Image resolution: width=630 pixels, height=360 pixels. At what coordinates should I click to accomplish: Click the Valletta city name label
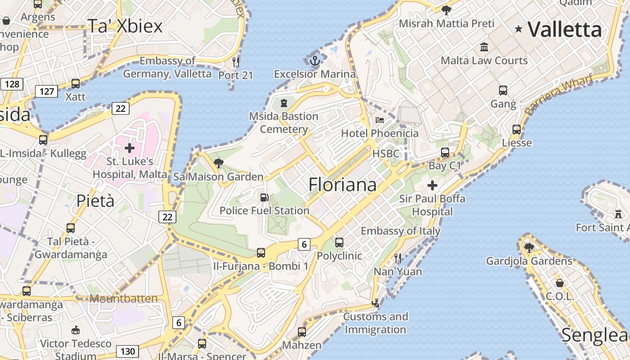[x=564, y=30]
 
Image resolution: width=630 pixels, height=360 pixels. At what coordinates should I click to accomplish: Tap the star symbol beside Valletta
[x=519, y=29]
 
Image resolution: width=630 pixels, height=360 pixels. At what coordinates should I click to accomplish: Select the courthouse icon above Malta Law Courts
[x=484, y=47]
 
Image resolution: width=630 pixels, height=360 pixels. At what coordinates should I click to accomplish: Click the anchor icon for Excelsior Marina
[x=315, y=60]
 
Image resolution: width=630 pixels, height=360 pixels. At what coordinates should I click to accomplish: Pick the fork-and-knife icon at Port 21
[x=235, y=62]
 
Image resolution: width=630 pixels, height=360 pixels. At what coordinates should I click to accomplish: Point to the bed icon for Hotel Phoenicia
[x=380, y=120]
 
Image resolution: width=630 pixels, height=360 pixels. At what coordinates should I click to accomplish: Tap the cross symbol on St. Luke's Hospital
[x=130, y=148]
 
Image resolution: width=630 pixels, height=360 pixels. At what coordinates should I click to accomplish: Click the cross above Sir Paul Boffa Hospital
[x=432, y=185]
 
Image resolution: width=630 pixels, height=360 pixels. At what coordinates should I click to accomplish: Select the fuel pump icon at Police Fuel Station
[x=264, y=197]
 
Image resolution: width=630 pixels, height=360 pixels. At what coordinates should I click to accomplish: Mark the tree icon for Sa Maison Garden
[x=219, y=163]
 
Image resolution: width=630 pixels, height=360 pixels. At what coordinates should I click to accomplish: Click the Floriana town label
[x=342, y=185]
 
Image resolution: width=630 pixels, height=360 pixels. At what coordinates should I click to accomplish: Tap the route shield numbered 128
[x=12, y=84]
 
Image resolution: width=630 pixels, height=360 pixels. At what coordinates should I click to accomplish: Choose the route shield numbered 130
[x=127, y=351]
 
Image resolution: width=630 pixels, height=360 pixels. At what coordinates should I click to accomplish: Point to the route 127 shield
[x=46, y=92]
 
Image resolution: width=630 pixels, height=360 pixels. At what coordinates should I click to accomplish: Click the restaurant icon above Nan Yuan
[x=397, y=258]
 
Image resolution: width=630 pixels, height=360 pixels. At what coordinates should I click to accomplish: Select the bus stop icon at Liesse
[x=517, y=129]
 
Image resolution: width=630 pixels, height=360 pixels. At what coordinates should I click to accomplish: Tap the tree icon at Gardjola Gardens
[x=529, y=247]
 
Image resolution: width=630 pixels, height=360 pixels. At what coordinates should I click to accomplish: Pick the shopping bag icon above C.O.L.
[x=559, y=283]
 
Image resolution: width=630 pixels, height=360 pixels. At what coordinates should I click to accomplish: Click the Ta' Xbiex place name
[x=125, y=26]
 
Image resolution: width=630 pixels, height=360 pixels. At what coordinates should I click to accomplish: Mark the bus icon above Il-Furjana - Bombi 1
[x=261, y=252]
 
